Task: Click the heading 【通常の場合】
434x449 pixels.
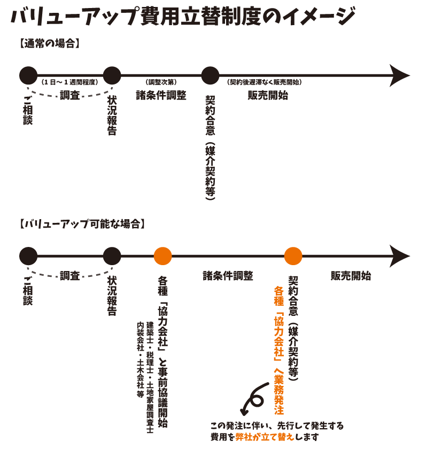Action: click(x=49, y=44)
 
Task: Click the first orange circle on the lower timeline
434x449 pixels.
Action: click(x=162, y=256)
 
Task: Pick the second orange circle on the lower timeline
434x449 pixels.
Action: click(x=293, y=256)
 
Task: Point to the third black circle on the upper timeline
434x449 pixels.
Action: click(x=211, y=75)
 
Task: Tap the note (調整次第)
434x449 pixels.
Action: click(x=161, y=83)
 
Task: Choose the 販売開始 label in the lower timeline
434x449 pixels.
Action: click(x=351, y=276)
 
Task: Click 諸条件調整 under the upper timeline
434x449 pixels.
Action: click(x=161, y=96)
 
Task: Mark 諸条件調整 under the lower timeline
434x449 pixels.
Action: click(x=228, y=276)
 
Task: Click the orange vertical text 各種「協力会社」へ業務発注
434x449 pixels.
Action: click(x=278, y=351)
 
